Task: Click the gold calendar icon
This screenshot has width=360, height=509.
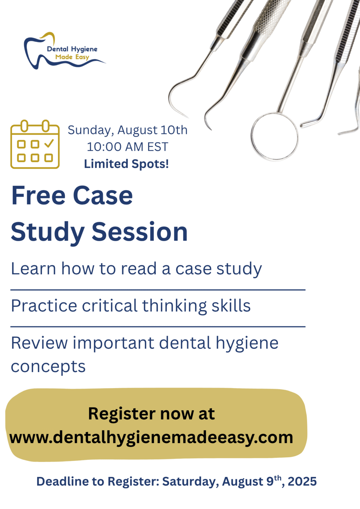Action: (35, 144)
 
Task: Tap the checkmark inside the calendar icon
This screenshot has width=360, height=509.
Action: (49, 143)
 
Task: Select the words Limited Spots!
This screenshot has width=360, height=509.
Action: (126, 164)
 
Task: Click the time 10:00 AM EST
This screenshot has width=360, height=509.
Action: (128, 147)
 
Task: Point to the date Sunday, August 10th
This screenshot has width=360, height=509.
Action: (128, 130)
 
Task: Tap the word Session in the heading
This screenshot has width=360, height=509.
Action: (140, 232)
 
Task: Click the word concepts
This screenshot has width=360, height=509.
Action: (48, 367)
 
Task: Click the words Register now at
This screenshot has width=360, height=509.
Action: (151, 414)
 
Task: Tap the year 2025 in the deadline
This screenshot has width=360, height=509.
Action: (302, 481)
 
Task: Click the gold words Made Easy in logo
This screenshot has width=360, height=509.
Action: (72, 57)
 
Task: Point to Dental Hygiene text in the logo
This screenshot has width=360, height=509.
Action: (72, 49)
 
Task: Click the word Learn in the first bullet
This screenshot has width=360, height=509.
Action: (33, 269)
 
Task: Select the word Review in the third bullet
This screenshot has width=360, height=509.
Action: (39, 343)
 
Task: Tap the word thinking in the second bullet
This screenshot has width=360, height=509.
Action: (175, 306)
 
